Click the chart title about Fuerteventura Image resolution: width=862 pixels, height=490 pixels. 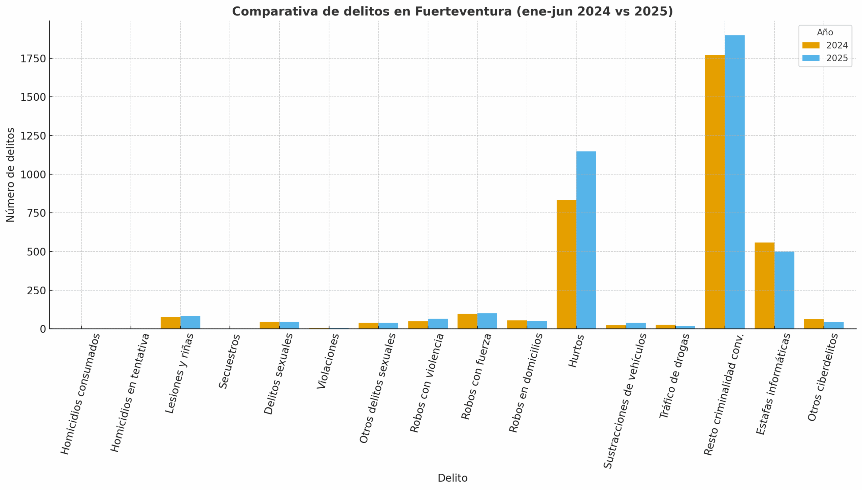[x=452, y=11]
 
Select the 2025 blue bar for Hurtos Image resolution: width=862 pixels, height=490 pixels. [x=586, y=240]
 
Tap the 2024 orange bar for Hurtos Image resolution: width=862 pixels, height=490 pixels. [x=566, y=264]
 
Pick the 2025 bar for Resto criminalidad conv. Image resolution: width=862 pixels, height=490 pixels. [x=734, y=182]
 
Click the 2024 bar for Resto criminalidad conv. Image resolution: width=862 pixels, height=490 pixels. [x=715, y=192]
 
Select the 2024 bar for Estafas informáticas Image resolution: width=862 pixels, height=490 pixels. [x=764, y=286]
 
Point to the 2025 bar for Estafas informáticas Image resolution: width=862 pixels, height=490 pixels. [x=784, y=290]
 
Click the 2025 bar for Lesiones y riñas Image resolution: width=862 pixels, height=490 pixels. [x=190, y=322]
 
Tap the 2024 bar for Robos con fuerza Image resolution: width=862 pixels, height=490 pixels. [x=467, y=321]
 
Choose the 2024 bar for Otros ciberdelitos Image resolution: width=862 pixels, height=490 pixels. [x=814, y=324]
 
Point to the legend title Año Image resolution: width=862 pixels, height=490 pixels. [x=825, y=32]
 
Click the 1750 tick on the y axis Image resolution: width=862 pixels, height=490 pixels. [x=33, y=59]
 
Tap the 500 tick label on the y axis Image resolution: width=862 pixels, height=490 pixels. [x=36, y=252]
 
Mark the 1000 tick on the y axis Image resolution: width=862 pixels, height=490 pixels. [x=33, y=174]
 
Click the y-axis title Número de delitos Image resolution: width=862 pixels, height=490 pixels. [x=10, y=175]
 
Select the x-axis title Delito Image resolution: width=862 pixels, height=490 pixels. [x=452, y=478]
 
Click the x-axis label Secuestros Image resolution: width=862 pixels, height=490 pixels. [x=229, y=361]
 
